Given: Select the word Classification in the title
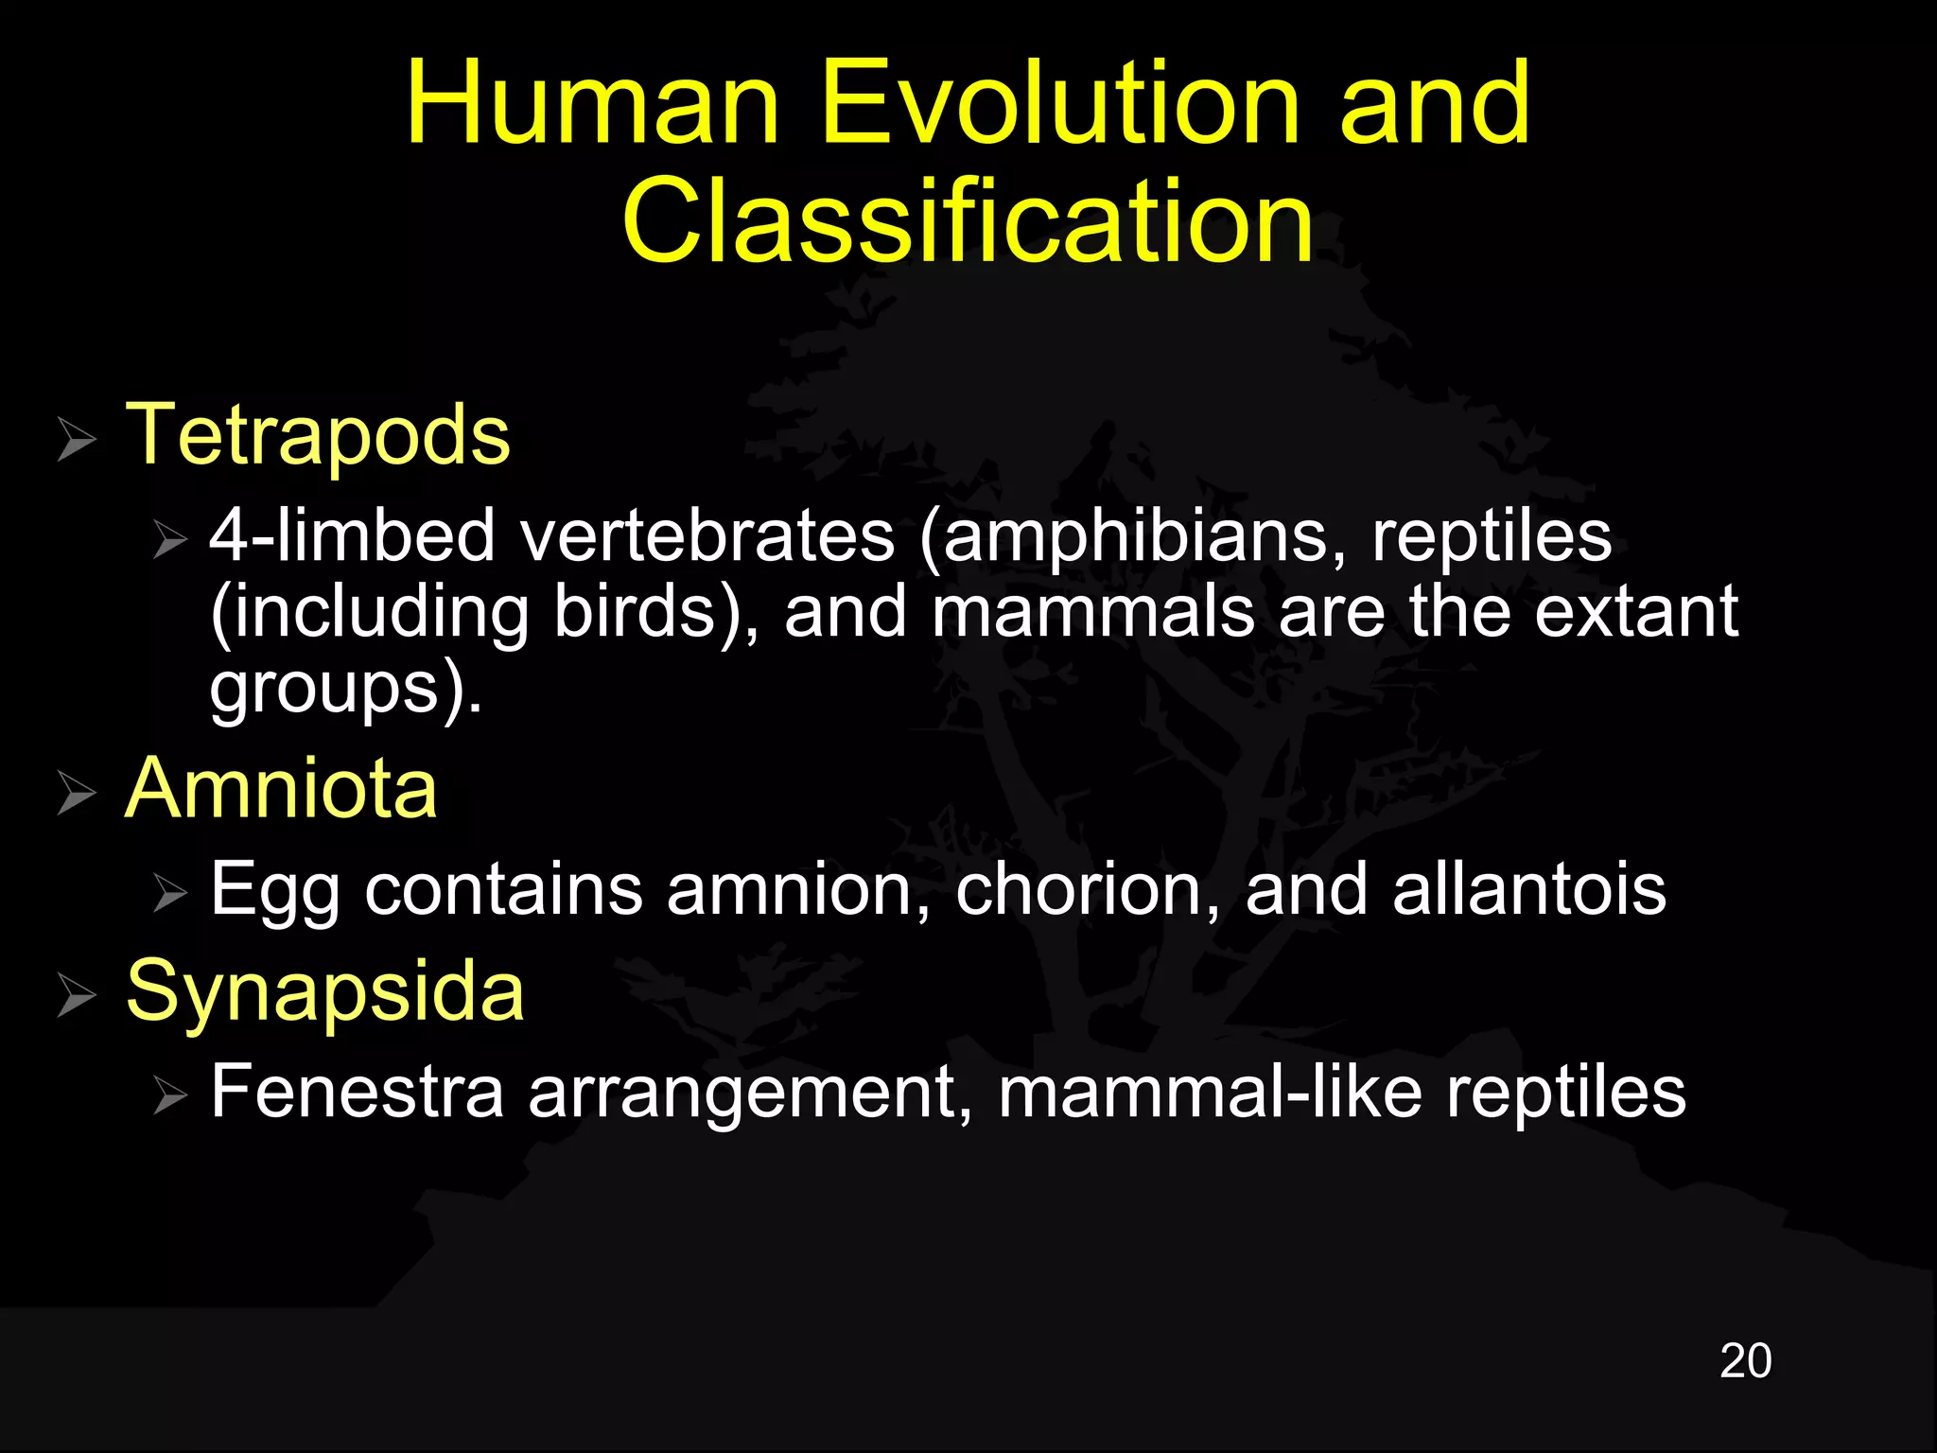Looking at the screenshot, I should [x=968, y=221].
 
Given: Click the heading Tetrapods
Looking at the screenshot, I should [x=318, y=434].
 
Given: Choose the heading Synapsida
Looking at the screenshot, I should [x=324, y=990].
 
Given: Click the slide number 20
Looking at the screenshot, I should [x=1745, y=1361].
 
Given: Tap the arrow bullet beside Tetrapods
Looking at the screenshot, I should [x=77, y=439].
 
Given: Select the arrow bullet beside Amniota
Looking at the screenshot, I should [x=77, y=793].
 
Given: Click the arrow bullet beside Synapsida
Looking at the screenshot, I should [x=77, y=995].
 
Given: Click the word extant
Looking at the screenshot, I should [x=1635, y=612].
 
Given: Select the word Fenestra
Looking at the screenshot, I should [x=357, y=1092].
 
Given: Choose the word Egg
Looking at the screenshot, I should [x=274, y=891].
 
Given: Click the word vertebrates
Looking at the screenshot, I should [x=707, y=536].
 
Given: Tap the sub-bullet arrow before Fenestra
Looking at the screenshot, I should [x=171, y=1096].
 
